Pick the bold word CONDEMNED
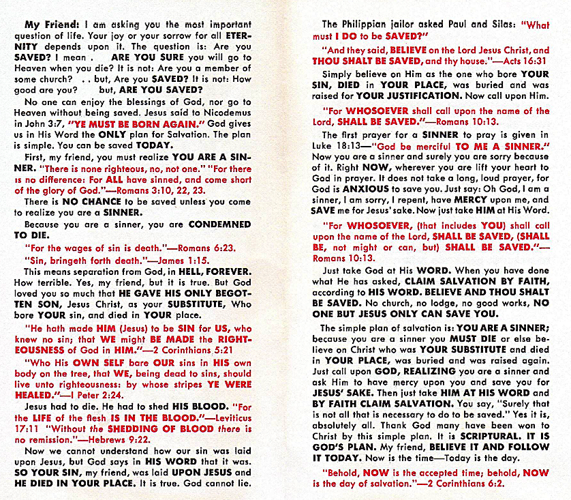[x=219, y=224]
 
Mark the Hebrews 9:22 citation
[x=121, y=439]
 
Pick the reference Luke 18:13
[x=341, y=147]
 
